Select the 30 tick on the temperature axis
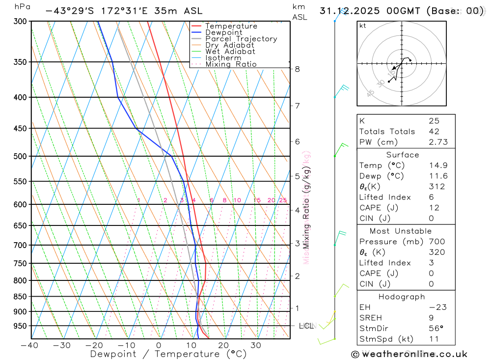[x=255, y=345]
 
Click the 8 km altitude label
[x=298, y=69]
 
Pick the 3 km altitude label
[x=298, y=243]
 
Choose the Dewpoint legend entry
[x=224, y=32]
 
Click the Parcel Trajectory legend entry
[x=241, y=39]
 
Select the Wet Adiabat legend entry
[x=230, y=52]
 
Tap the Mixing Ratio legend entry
[x=231, y=64]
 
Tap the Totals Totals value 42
[x=434, y=131]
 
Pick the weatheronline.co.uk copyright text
[x=409, y=354]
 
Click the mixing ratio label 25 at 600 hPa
[x=283, y=200]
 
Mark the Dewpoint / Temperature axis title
[x=168, y=354]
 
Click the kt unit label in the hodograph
[x=362, y=26]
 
